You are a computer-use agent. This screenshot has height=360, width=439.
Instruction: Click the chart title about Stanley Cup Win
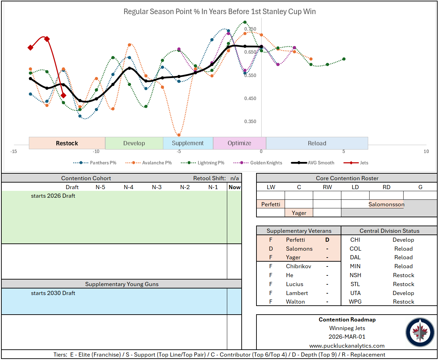(219, 12)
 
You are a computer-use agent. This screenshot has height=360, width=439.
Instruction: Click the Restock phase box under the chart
(67, 143)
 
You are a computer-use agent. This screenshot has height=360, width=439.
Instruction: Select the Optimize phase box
(239, 143)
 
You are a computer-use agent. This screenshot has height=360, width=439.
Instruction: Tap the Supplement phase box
(188, 143)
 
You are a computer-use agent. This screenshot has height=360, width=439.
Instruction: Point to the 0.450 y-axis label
(250, 98)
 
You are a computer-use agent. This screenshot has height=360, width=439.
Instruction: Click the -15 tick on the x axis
(14, 151)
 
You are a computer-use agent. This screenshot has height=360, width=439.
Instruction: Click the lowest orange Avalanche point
(179, 135)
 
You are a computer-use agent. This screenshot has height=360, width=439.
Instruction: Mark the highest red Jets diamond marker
(47, 39)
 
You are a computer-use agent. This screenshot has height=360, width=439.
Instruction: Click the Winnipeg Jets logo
(420, 332)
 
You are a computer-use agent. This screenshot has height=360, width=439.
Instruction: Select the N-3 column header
(157, 187)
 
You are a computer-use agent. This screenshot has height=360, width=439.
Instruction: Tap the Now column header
(234, 187)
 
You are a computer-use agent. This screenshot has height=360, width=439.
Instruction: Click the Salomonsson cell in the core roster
(386, 204)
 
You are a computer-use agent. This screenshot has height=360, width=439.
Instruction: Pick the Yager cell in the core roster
(299, 213)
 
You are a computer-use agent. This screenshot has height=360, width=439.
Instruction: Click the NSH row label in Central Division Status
(355, 275)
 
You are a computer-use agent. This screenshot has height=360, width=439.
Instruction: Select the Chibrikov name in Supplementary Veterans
(298, 266)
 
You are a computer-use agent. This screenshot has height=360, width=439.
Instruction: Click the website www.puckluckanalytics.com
(347, 346)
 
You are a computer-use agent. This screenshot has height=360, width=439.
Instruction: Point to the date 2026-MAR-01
(347, 337)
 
